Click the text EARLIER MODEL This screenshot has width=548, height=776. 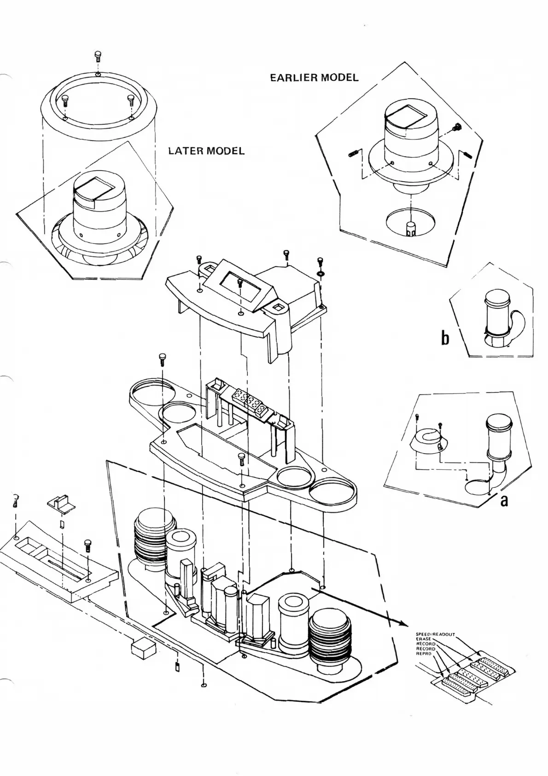point(314,77)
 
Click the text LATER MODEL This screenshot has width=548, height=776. point(206,151)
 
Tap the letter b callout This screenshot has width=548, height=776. point(445,339)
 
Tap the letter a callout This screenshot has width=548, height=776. point(504,500)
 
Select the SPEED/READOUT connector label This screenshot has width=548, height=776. point(435,634)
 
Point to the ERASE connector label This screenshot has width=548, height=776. point(423,639)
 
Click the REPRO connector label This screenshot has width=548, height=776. point(423,653)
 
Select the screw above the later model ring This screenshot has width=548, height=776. point(98,57)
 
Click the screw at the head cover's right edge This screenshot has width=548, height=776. point(320,263)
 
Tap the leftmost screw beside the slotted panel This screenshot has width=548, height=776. point(16,499)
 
